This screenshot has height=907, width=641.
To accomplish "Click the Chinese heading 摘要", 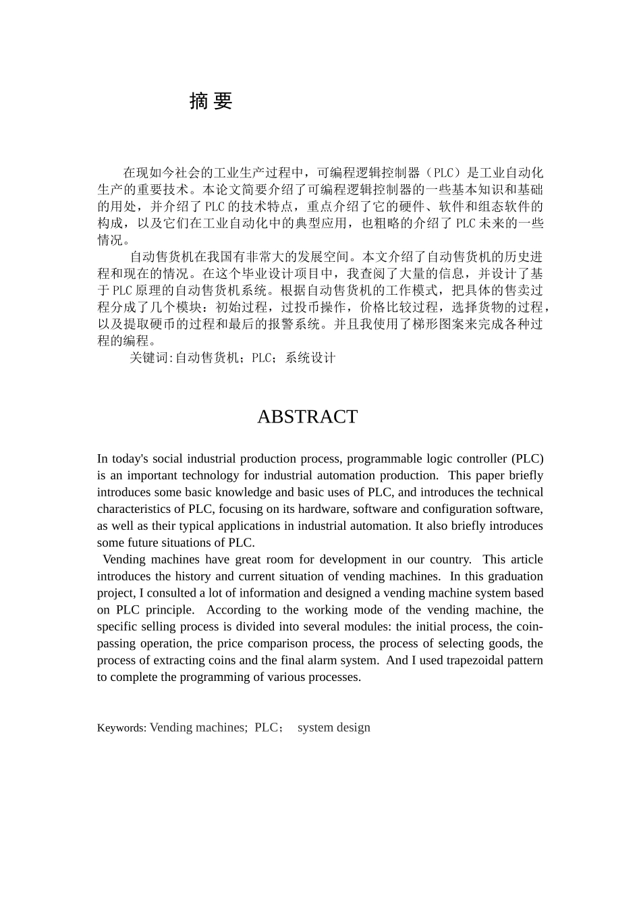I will pos(211,101).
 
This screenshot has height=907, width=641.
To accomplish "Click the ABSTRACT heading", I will pos(307,417).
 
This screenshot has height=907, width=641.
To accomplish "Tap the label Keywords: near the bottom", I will pos(121,728).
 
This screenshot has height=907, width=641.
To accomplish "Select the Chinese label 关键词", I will pos(150,358).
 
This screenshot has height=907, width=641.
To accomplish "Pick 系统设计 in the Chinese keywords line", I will pos(310,358).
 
